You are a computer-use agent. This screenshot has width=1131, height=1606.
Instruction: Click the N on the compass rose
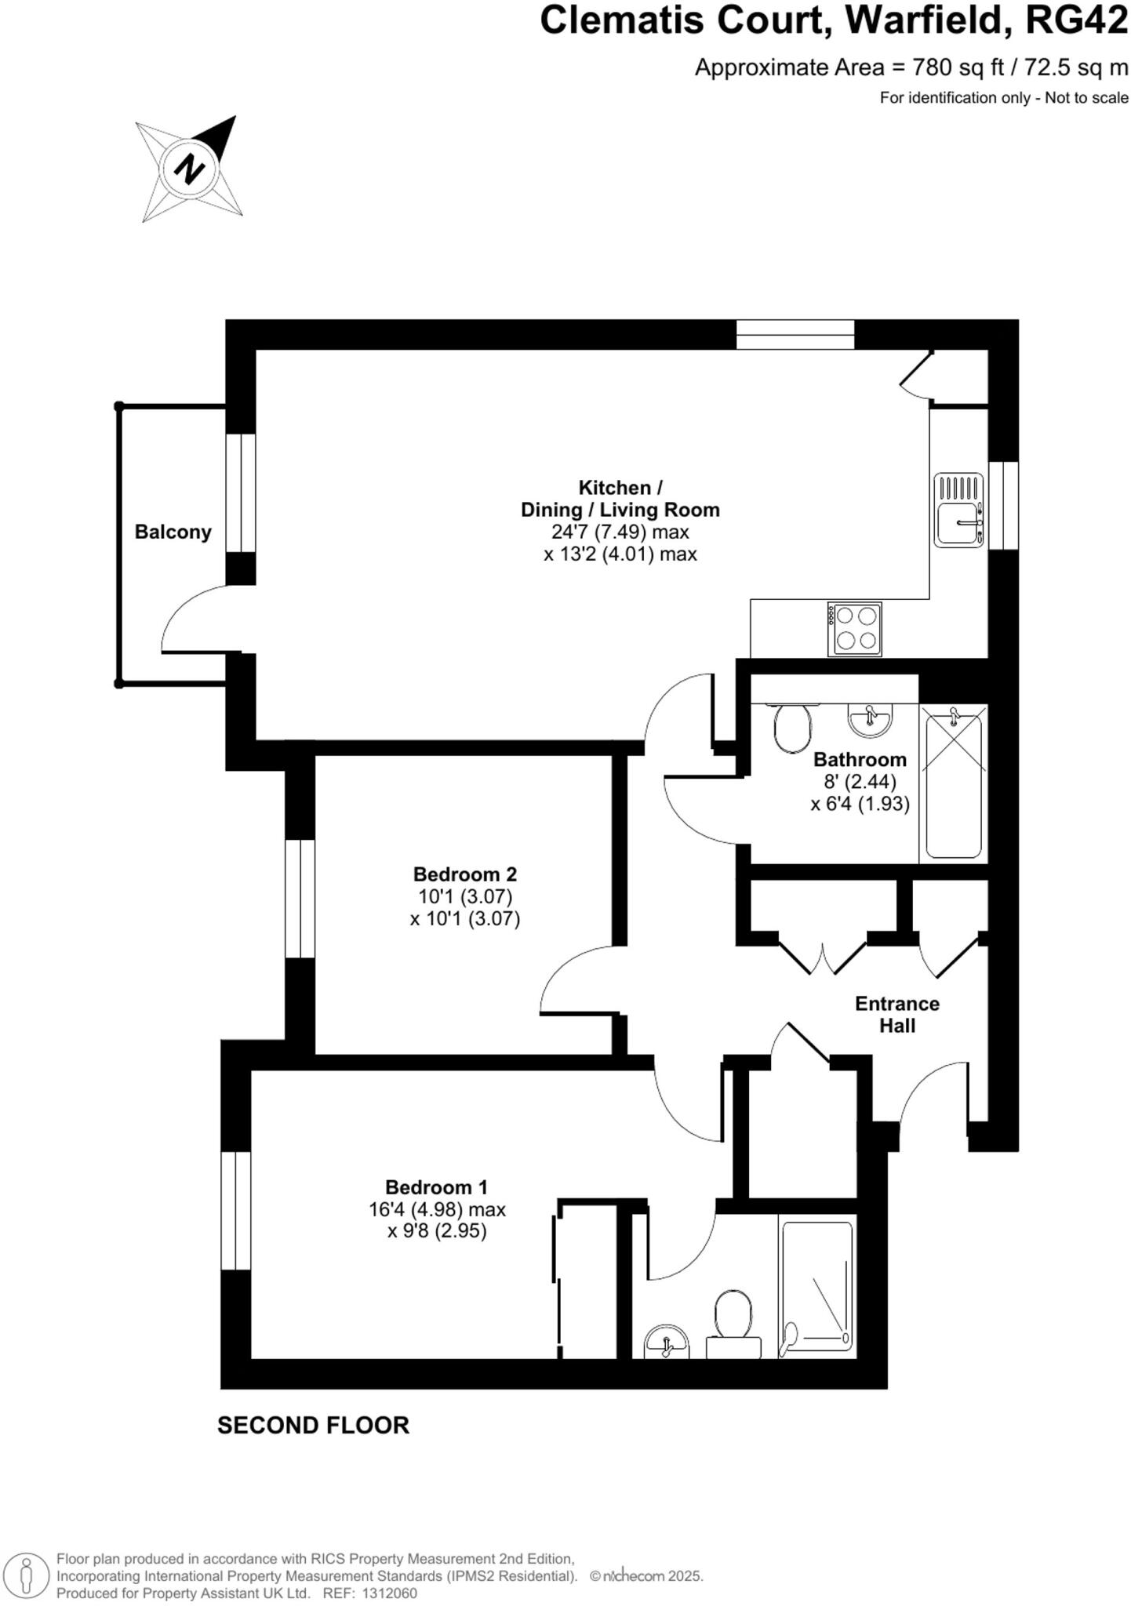pos(189,169)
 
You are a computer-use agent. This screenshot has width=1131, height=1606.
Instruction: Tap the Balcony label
pos(173,532)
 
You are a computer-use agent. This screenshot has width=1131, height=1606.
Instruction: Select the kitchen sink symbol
pos(958,511)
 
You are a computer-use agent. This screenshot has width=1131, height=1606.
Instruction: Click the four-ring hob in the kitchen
pos(854,628)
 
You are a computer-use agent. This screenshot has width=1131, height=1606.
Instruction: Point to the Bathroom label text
pos(859,759)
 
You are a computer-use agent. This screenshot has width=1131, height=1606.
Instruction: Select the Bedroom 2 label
pos(464,874)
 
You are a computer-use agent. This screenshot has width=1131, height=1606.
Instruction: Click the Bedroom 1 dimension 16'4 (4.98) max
pos(437,1209)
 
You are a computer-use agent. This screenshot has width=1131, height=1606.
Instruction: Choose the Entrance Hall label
pos(896,1014)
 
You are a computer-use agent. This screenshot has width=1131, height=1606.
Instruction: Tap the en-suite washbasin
pos(666,1343)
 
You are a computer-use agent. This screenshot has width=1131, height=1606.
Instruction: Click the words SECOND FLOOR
pos(313,1425)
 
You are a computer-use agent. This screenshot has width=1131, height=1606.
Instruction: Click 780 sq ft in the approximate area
pos(958,67)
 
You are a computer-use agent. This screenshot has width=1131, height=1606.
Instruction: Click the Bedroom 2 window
pos(300,899)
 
